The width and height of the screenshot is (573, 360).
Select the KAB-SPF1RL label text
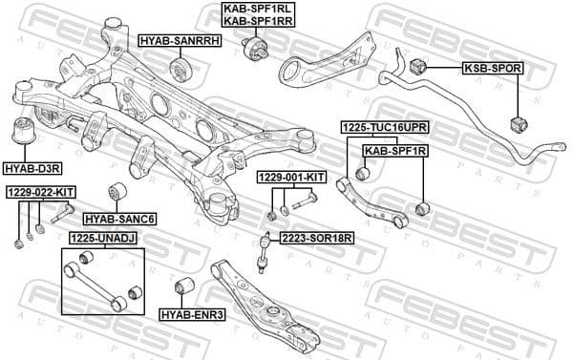point(259,9)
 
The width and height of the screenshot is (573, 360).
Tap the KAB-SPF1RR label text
point(259,21)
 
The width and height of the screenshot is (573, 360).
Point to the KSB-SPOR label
point(489,68)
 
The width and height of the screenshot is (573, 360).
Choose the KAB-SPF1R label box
point(394,150)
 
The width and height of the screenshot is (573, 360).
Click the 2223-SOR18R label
point(317,238)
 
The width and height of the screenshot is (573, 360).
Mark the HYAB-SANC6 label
point(120,219)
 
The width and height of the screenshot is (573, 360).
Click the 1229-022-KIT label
point(40,192)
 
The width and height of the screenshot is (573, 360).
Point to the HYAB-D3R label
point(32,167)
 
